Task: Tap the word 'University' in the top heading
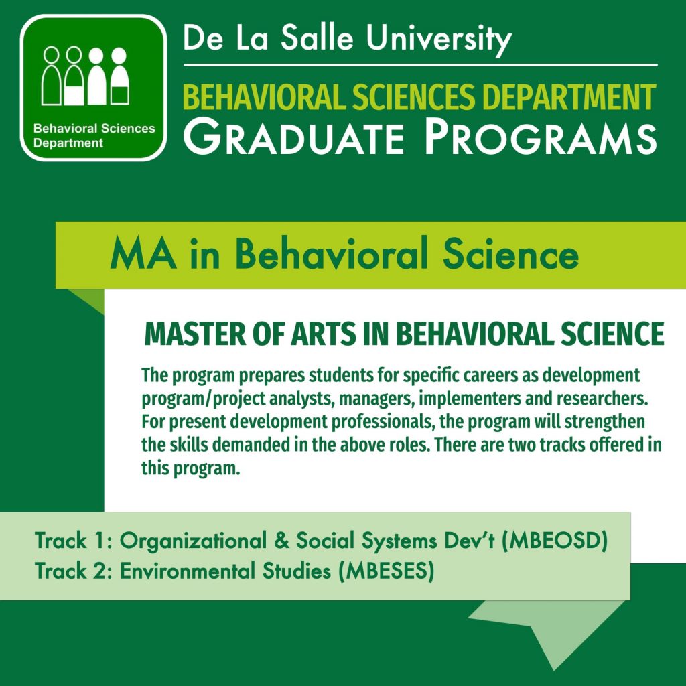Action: point(439,40)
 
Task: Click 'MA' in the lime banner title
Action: point(143,254)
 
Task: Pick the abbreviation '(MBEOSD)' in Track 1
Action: point(554,541)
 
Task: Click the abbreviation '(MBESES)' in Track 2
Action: point(387,571)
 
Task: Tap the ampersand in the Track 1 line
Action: point(281,541)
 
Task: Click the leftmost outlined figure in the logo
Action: point(51,75)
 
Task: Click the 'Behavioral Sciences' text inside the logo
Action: point(94,128)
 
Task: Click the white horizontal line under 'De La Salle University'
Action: point(421,65)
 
